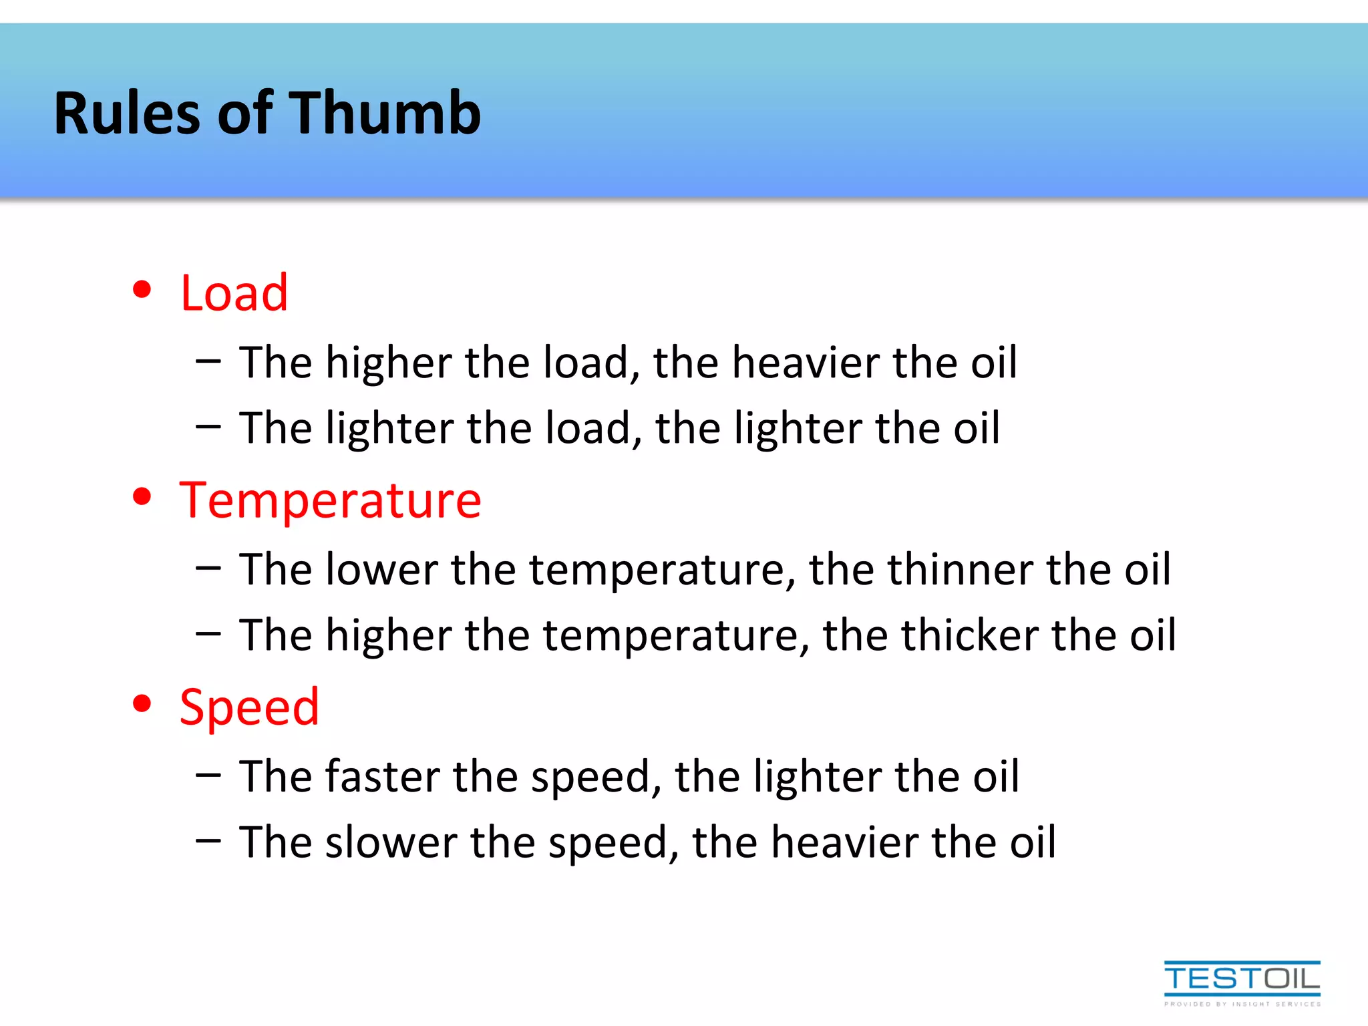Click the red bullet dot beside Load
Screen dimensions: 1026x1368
pyautogui.click(x=142, y=290)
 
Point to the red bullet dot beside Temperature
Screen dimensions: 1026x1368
pyautogui.click(x=142, y=497)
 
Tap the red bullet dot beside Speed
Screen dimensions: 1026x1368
pyautogui.click(x=142, y=704)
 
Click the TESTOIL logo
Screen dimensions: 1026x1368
pyautogui.click(x=1242, y=979)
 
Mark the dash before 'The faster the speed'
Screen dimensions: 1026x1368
pyautogui.click(x=208, y=775)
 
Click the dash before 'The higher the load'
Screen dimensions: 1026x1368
pyautogui.click(x=208, y=361)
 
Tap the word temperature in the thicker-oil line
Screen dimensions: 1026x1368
pyautogui.click(x=671, y=636)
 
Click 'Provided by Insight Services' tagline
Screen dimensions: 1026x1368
pyautogui.click(x=1242, y=1004)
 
